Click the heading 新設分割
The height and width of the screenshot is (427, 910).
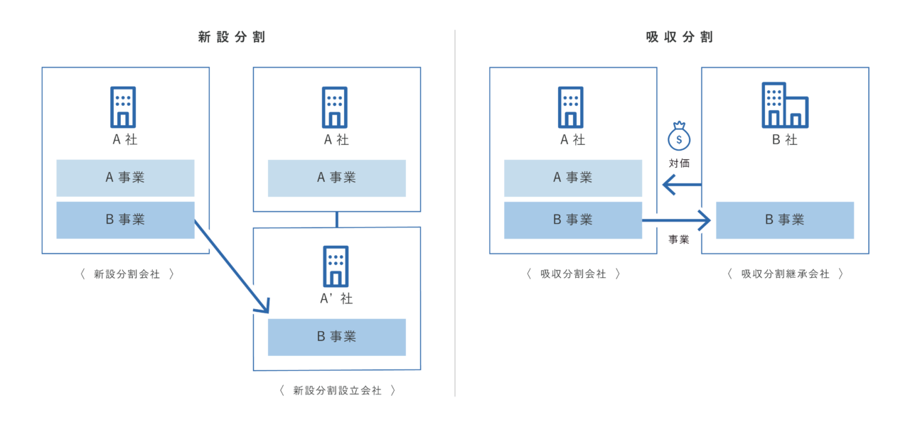pyautogui.click(x=231, y=38)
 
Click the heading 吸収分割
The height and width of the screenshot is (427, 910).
pyautogui.click(x=679, y=38)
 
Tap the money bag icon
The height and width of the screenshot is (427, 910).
pyautogui.click(x=679, y=134)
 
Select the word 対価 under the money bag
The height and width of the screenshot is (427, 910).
pyautogui.click(x=679, y=163)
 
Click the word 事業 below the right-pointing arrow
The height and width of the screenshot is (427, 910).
pyautogui.click(x=679, y=239)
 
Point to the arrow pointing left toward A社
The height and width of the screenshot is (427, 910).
pyautogui.click(x=681, y=185)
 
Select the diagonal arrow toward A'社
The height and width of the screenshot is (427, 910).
pyautogui.click(x=231, y=266)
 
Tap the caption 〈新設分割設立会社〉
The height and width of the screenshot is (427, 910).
pyautogui.click(x=337, y=390)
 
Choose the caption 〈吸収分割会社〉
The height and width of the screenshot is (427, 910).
pyautogui.click(x=573, y=274)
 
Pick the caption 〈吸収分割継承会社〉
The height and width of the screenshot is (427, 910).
pyautogui.click(x=785, y=274)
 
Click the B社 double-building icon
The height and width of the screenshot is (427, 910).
pyautogui.click(x=784, y=105)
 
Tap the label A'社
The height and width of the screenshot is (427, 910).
pyautogui.click(x=336, y=298)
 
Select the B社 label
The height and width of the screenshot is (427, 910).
pyautogui.click(x=785, y=140)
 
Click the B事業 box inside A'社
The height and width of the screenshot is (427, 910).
pyautogui.click(x=336, y=337)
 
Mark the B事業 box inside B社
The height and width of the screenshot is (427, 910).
pyautogui.click(x=784, y=220)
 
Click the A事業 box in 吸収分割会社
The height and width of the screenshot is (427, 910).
pyautogui.click(x=573, y=178)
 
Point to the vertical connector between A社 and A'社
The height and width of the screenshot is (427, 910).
pyautogui.click(x=337, y=220)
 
